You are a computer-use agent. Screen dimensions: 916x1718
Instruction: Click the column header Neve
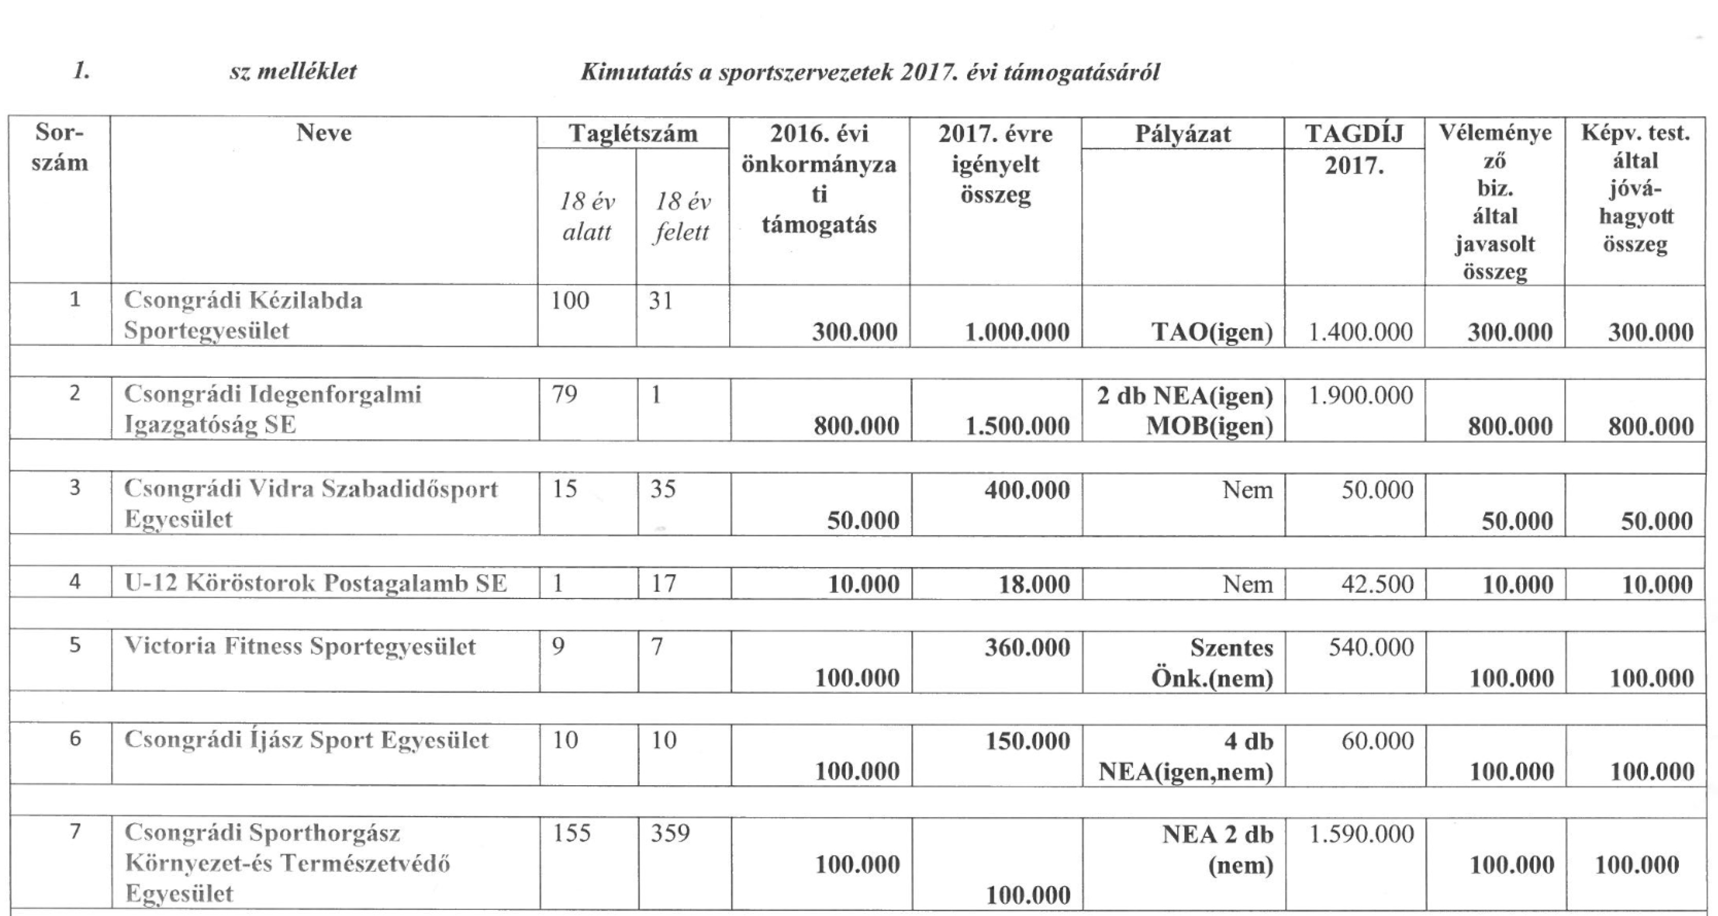click(x=323, y=133)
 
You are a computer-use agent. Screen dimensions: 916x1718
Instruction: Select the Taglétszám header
click(x=633, y=133)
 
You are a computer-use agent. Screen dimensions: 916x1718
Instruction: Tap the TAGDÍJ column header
click(x=1354, y=134)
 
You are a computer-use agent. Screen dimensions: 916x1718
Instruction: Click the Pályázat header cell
click(x=1182, y=134)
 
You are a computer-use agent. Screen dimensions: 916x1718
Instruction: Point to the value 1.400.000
click(x=1361, y=331)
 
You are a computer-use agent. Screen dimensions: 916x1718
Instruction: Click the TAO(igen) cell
click(x=1212, y=331)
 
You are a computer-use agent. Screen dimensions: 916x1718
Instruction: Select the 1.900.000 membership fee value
click(x=1361, y=395)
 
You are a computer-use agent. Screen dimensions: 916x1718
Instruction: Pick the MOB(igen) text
click(x=1209, y=426)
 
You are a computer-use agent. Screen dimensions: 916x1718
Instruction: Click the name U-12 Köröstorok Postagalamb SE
click(x=316, y=584)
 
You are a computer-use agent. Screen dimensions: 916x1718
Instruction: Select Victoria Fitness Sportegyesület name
click(x=300, y=647)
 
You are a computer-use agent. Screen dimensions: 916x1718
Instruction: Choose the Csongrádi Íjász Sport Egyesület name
click(x=307, y=740)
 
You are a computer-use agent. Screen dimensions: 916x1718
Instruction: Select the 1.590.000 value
click(x=1361, y=833)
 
